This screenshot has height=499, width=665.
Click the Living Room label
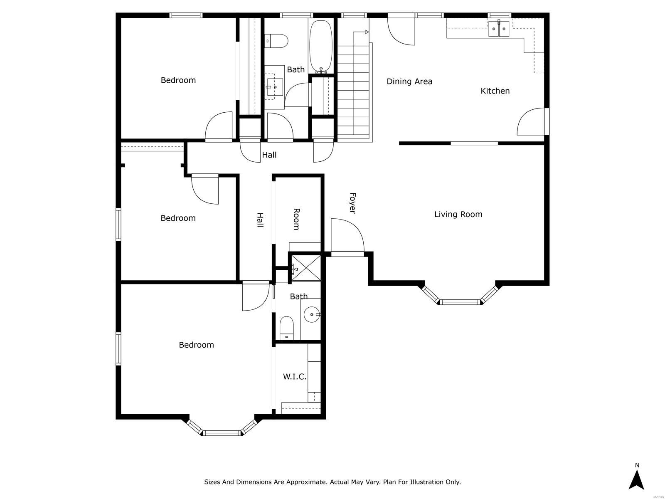click(x=458, y=214)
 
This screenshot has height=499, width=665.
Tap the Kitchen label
click(x=495, y=91)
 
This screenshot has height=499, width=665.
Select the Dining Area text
click(x=409, y=82)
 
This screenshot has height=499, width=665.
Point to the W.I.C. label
click(x=295, y=377)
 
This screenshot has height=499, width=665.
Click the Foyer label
click(x=352, y=203)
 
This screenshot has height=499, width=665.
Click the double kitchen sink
click(x=499, y=29)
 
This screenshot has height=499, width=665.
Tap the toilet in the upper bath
click(x=277, y=41)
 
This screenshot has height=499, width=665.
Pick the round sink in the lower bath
click(x=311, y=315)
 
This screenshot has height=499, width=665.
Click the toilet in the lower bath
click(x=286, y=327)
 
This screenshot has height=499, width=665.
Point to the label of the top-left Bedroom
click(x=178, y=80)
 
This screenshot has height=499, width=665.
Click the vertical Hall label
click(x=260, y=220)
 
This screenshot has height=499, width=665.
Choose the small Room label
click(x=296, y=219)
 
